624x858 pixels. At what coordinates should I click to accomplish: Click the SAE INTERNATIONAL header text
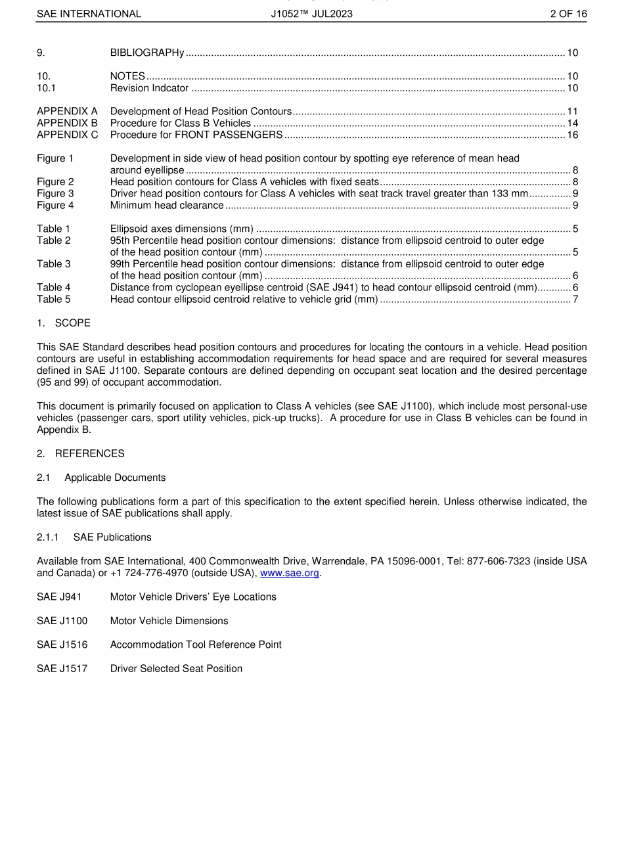pos(89,14)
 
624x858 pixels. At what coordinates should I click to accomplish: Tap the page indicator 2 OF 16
pos(568,14)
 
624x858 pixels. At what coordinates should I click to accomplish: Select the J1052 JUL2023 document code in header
pos(311,14)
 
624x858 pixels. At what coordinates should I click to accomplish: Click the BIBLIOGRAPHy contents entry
pos(147,53)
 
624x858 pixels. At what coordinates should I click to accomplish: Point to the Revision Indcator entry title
pos(149,88)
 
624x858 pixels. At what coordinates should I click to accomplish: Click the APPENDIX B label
pos(67,123)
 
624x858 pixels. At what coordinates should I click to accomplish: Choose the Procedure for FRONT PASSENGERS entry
pos(196,135)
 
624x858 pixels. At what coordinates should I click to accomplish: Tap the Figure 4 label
pos(55,205)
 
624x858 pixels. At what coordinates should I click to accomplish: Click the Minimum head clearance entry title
pos(167,205)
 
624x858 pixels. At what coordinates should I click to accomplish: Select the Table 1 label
pos(53,229)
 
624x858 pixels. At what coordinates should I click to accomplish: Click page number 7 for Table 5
pos(575,300)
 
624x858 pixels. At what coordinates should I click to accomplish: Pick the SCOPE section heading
pos(72,323)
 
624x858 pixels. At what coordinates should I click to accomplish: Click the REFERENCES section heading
pos(89,453)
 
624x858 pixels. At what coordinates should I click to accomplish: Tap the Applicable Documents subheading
pos(115,478)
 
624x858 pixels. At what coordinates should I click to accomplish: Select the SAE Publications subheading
pos(112,537)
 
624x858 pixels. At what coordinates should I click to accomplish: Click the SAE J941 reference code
pos(59,597)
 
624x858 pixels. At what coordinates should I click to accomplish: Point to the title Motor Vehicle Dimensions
pos(169,621)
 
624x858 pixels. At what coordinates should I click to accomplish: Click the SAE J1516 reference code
pos(62,644)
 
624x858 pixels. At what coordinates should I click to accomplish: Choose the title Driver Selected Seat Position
pos(176,668)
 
